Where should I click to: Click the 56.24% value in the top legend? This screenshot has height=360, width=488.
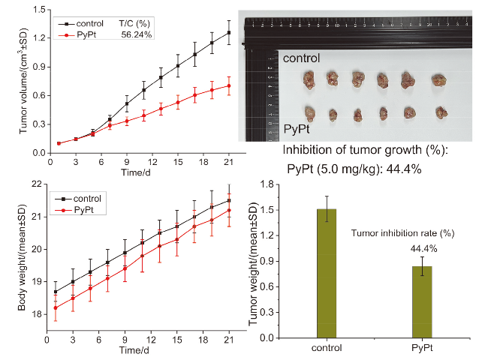coord(138,34)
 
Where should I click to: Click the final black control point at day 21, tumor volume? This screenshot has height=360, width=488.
coord(229,32)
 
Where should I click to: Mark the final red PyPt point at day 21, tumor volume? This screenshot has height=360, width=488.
coord(229,85)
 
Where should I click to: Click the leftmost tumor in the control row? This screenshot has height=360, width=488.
coord(309,79)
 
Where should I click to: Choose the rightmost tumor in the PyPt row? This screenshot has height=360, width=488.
coord(440,113)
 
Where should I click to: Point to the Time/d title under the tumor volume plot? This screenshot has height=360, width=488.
coord(136,172)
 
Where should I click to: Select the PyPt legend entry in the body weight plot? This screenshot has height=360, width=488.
coord(83,211)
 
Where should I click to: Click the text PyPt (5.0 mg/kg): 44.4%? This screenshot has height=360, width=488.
coord(354,169)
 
